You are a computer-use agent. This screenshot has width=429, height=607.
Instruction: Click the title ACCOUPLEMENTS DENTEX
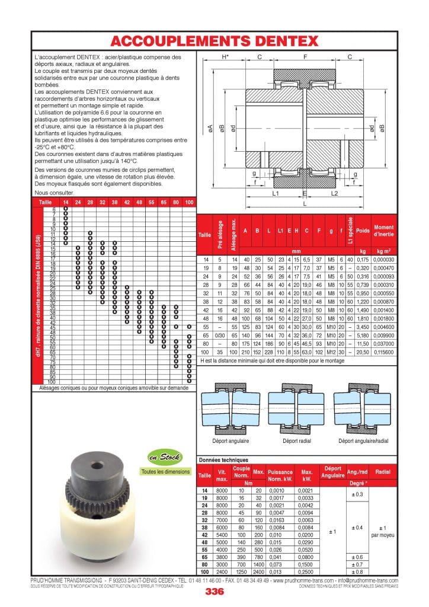click(214, 40)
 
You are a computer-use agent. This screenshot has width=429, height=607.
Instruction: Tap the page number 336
click(214, 592)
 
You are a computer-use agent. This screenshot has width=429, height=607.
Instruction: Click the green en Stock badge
click(163, 456)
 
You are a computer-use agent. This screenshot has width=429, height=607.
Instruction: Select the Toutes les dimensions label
click(166, 472)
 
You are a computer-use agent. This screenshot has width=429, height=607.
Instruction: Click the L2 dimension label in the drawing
click(334, 194)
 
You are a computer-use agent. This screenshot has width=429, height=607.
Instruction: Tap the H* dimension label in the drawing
click(225, 57)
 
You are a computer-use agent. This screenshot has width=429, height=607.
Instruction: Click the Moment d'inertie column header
click(383, 231)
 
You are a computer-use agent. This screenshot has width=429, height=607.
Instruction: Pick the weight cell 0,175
click(363, 260)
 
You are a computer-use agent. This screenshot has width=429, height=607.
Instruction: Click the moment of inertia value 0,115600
click(383, 352)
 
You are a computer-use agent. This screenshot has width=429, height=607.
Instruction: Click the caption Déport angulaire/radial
click(363, 441)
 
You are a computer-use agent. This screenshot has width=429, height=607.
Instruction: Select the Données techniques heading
click(223, 459)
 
